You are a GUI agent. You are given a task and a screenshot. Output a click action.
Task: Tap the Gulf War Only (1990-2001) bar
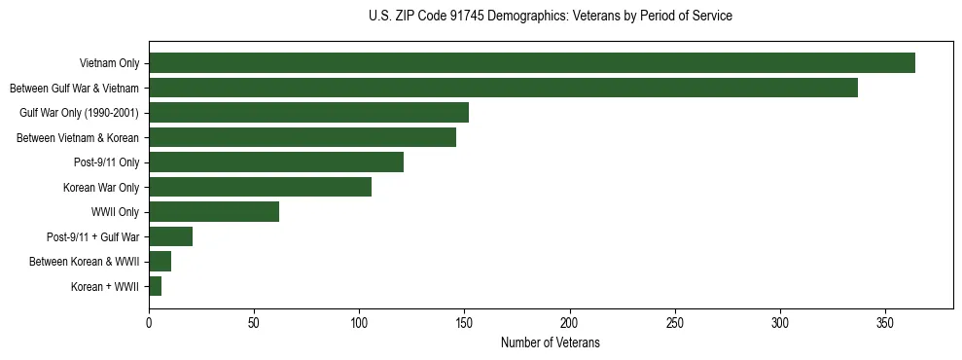308,113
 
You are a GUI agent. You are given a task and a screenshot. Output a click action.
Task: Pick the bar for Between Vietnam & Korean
303,137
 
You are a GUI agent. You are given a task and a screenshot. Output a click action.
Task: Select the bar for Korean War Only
260,187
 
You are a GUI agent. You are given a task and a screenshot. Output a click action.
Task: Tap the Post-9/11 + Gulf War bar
170,236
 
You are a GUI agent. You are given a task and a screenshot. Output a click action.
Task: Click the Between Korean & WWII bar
160,262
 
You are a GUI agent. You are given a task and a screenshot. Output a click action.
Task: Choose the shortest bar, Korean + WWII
155,286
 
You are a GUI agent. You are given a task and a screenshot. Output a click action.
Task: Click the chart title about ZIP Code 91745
551,17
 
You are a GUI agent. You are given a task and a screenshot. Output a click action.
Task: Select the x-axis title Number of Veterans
551,343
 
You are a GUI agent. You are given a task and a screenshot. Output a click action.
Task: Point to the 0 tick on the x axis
149,322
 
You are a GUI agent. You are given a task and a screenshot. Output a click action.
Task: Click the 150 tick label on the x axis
465,322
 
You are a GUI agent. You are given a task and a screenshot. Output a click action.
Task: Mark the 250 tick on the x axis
675,322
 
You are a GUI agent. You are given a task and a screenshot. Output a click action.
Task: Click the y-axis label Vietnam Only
109,63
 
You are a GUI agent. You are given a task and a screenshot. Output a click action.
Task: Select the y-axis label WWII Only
115,212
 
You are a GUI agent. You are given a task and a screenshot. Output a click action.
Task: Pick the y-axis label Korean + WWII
105,287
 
